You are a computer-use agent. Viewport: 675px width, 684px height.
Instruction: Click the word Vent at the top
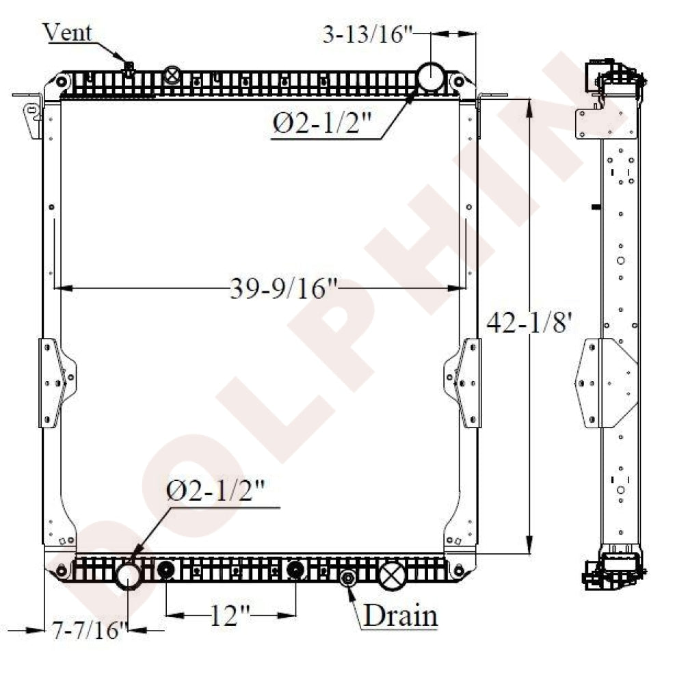68,32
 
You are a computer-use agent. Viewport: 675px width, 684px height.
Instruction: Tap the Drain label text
400,616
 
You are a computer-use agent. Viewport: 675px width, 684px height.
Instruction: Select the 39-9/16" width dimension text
284,289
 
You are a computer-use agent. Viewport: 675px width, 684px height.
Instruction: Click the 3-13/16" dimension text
367,34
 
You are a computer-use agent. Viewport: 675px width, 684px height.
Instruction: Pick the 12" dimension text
230,615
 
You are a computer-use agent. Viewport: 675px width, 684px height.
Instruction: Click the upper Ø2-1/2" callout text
321,123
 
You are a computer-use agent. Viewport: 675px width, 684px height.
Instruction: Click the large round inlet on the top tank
431,77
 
